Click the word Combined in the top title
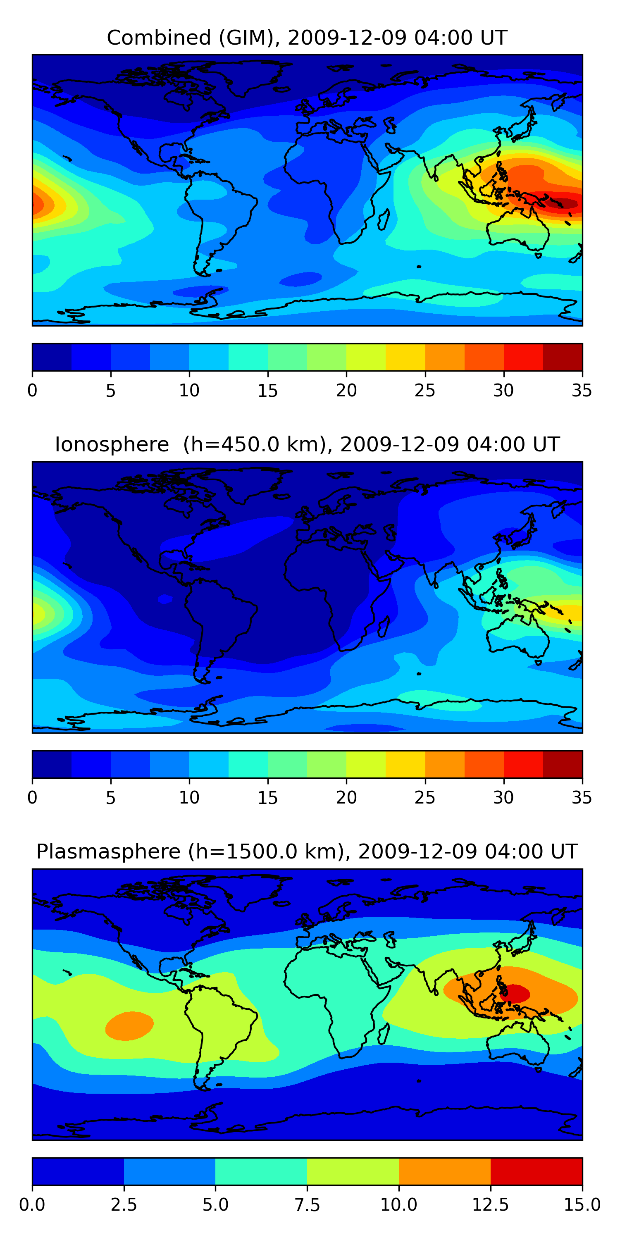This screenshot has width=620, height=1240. (x=159, y=38)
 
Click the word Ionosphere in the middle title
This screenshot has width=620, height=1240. (x=112, y=444)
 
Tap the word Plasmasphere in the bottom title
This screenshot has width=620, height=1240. (x=108, y=852)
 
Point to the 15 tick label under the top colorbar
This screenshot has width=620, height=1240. (x=268, y=390)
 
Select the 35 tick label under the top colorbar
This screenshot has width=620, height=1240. (x=582, y=390)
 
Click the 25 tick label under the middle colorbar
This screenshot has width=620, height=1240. (x=425, y=798)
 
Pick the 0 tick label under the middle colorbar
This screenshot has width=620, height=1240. (x=32, y=798)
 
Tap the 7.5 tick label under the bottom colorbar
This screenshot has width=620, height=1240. (x=307, y=1205)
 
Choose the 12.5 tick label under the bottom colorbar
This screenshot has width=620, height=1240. (x=491, y=1205)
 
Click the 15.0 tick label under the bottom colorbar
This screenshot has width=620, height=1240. (x=582, y=1205)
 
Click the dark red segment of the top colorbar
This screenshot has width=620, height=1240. (x=563, y=357)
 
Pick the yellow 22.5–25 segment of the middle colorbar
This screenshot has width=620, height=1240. (x=405, y=764)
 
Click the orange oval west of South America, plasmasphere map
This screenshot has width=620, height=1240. (x=129, y=1026)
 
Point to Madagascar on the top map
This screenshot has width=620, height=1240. (x=384, y=220)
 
